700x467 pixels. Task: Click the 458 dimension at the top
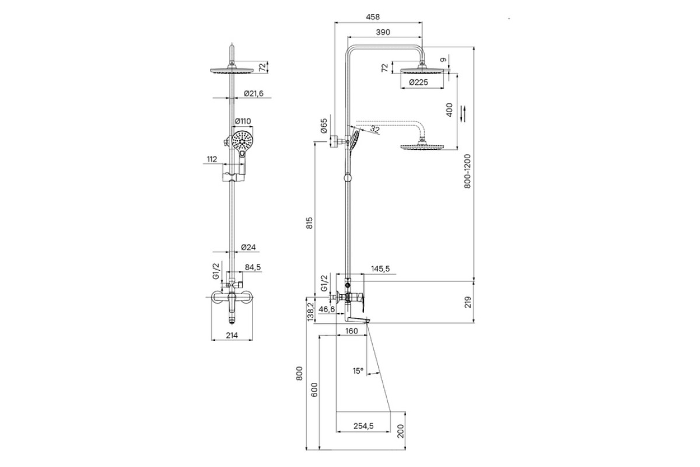pyautogui.click(x=373, y=17)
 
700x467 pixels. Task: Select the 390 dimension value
pyautogui.click(x=383, y=32)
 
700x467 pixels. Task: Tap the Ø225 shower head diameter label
pyautogui.click(x=418, y=82)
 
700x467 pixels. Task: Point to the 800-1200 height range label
pyautogui.click(x=467, y=171)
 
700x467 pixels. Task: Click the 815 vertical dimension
pyautogui.click(x=309, y=223)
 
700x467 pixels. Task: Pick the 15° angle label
pyautogui.click(x=358, y=371)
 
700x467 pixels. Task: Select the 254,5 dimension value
pyautogui.click(x=363, y=426)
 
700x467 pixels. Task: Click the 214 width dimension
pyautogui.click(x=232, y=335)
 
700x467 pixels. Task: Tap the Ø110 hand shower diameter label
pyautogui.click(x=243, y=121)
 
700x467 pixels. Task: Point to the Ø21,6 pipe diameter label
pyautogui.click(x=254, y=93)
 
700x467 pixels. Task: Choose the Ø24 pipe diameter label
pyautogui.click(x=249, y=247)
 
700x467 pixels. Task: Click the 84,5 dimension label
pyautogui.click(x=253, y=267)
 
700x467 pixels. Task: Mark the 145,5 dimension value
pyautogui.click(x=380, y=269)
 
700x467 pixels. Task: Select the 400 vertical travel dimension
pyautogui.click(x=449, y=110)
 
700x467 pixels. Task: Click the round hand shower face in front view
pyautogui.click(x=242, y=141)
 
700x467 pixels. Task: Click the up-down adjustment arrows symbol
pyautogui.click(x=463, y=114)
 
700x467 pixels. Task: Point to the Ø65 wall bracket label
pyautogui.click(x=324, y=126)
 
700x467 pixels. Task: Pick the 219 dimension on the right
pyautogui.click(x=468, y=302)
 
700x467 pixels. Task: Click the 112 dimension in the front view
pyautogui.click(x=212, y=159)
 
